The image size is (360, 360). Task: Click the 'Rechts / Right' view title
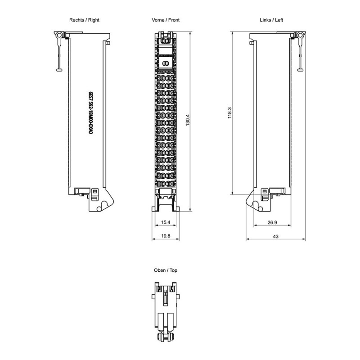point(84,20)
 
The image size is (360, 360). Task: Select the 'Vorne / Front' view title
point(166,20)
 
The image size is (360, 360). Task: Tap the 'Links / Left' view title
point(271,20)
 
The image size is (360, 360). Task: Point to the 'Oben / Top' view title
point(166,270)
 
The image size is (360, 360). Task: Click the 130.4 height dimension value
point(188,120)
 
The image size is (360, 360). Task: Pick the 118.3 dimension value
point(229,113)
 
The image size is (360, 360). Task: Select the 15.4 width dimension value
point(166,222)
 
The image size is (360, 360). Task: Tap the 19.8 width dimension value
point(166,236)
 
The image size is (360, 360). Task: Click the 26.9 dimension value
point(272,222)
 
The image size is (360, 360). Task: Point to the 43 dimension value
point(275,236)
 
